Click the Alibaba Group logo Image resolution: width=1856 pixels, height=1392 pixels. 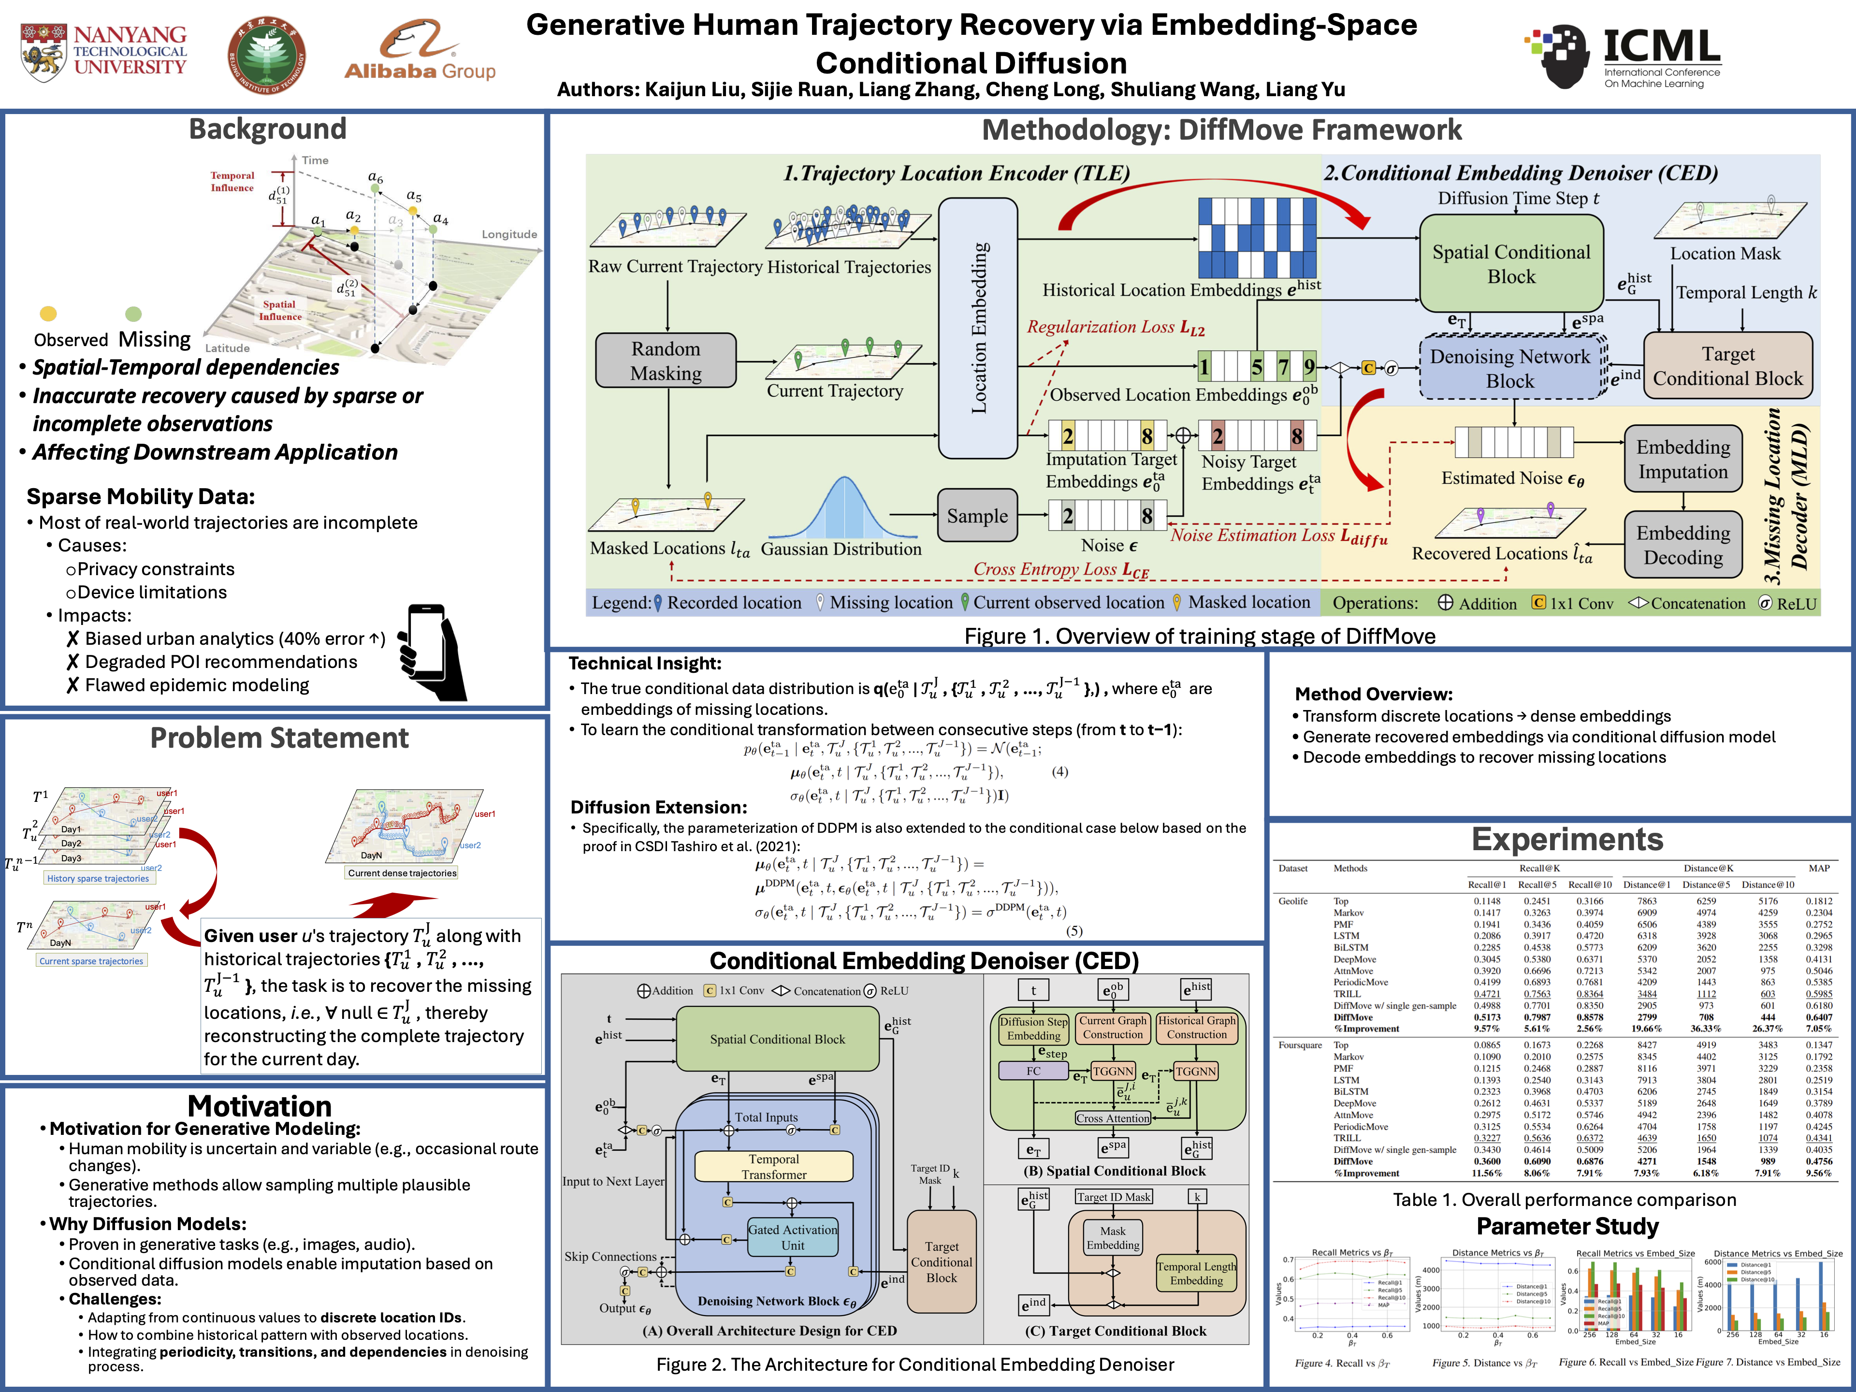420,52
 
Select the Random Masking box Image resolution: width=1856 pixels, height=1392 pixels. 666,361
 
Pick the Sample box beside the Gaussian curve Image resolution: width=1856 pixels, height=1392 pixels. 977,516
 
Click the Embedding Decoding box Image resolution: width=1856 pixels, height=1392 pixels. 1682,545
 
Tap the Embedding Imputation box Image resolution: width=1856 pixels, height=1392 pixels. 1682,459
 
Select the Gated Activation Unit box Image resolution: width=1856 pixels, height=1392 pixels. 792,1237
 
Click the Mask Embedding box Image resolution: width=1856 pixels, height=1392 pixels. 1113,1238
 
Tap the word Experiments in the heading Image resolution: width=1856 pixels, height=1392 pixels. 1566,839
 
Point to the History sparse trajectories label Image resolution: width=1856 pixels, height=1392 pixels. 98,879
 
